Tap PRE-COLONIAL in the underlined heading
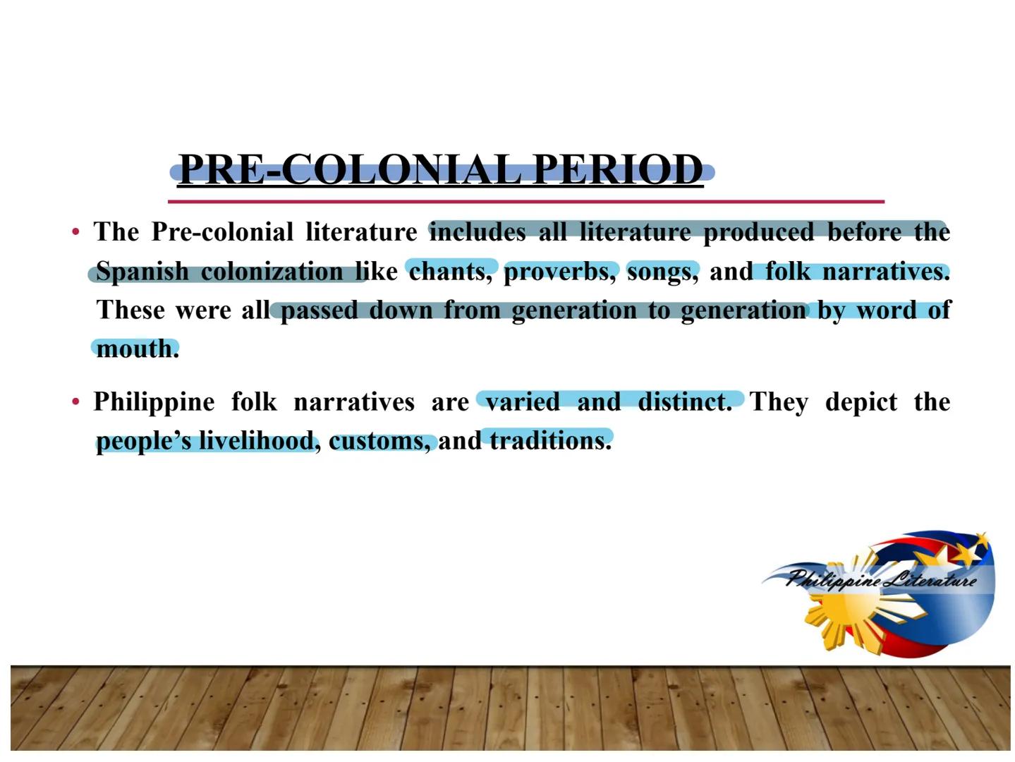[x=350, y=169]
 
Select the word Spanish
[x=142, y=272]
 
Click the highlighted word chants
[x=451, y=272]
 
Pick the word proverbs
[x=560, y=272]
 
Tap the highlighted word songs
[x=662, y=272]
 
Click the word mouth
[x=138, y=349]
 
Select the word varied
[x=523, y=401]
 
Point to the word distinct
[x=685, y=401]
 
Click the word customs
[x=379, y=441]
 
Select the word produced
[x=758, y=232]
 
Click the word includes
[x=478, y=231]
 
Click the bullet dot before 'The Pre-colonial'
[x=76, y=231]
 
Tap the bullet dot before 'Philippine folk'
[x=76, y=401]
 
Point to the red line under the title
[x=526, y=202]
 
